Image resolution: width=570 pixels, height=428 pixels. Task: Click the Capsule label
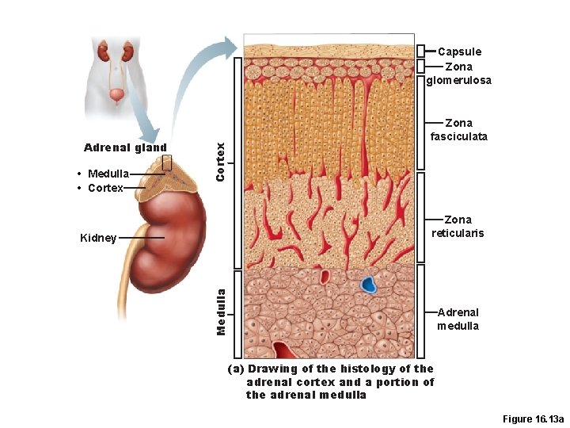click(x=459, y=52)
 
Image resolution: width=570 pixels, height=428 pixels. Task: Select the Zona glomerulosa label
click(x=459, y=73)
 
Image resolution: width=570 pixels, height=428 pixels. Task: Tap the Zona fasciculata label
click(x=459, y=129)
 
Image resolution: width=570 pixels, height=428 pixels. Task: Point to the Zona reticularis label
click(x=458, y=226)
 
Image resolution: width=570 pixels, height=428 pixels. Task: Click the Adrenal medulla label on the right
click(x=458, y=319)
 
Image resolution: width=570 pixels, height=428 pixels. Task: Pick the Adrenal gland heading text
click(x=125, y=147)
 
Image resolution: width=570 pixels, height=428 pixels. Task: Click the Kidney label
click(x=98, y=238)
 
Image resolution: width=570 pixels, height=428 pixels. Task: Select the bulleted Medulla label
click(x=104, y=174)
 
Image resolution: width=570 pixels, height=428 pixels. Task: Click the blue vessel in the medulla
click(x=368, y=285)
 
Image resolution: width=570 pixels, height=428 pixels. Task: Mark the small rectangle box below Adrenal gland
click(x=166, y=162)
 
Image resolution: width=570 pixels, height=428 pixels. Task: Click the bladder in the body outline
click(x=117, y=96)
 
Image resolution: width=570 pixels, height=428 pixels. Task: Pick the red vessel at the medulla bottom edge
click(x=284, y=350)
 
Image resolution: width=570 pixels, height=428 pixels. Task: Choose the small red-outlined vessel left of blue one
click(x=325, y=277)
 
